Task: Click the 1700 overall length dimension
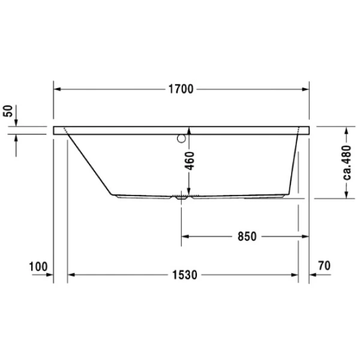point(181,89)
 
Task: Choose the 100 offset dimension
point(37,265)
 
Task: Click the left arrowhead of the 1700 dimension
point(58,89)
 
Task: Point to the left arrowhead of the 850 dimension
point(185,236)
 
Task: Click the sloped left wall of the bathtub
point(90,162)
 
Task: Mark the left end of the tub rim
point(56,130)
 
